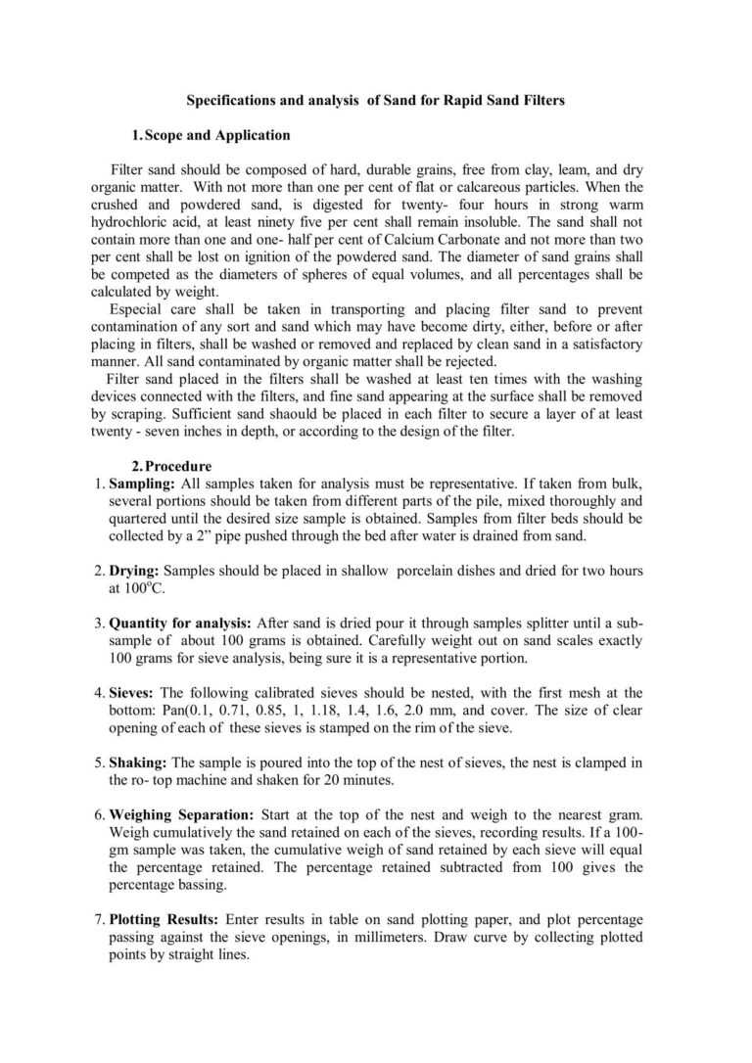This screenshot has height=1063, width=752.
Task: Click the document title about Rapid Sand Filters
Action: (376, 100)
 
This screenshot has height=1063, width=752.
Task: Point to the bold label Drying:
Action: (135, 570)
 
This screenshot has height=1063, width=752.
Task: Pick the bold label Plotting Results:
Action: (165, 920)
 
